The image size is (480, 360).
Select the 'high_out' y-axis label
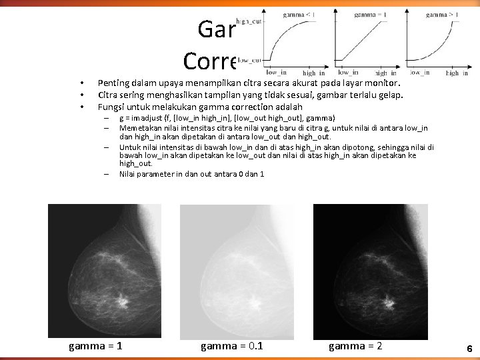coord(249,22)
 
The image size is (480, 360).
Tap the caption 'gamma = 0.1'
coord(231,345)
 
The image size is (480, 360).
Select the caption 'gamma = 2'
coord(355,345)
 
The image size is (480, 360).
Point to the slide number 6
coord(469,349)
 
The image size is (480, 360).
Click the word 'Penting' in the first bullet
coord(112,83)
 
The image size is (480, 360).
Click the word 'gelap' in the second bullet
coord(391,95)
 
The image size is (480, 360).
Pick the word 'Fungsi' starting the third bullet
coord(110,106)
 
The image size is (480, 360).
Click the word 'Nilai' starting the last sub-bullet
coord(128,174)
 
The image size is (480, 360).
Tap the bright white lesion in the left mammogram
coord(121,302)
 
